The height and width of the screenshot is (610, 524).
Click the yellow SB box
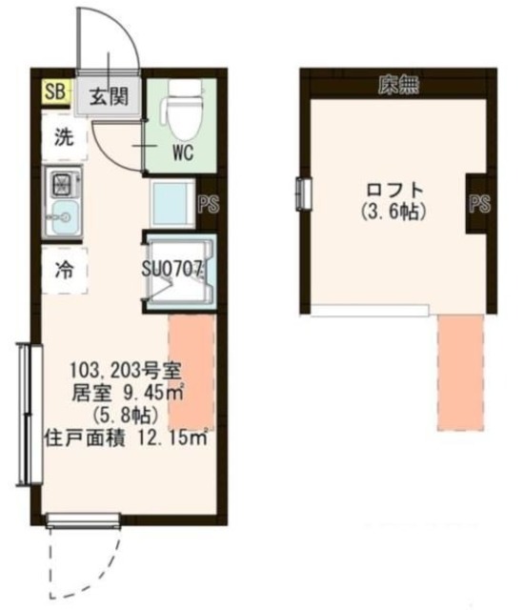tap(52, 92)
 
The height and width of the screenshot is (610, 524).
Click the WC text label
tap(185, 152)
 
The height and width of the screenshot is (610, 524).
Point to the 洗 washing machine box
tap(64, 136)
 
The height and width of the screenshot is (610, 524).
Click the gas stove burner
tap(63, 181)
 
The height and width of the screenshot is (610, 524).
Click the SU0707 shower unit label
tap(174, 269)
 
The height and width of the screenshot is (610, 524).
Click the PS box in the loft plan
tap(480, 203)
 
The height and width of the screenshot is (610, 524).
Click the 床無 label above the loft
tap(397, 85)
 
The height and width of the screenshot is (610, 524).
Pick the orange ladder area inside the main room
tap(191, 372)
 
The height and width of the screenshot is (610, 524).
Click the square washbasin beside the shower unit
tap(173, 201)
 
